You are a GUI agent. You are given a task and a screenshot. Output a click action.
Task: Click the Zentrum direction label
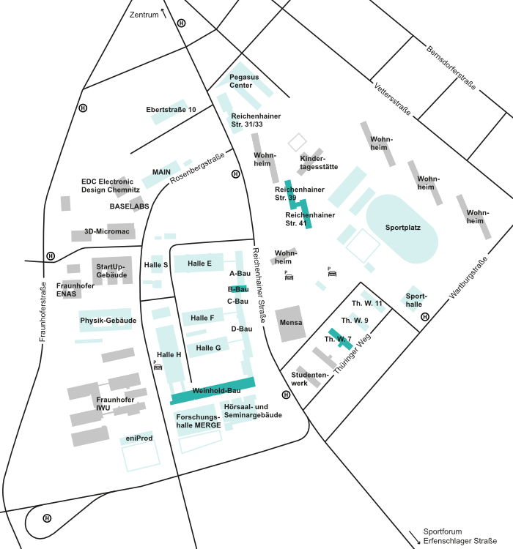pyautogui.click(x=144, y=15)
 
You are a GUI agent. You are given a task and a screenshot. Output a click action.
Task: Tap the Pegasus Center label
pyautogui.click(x=244, y=81)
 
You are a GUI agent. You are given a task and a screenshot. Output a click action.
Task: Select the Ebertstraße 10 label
pyautogui.click(x=171, y=110)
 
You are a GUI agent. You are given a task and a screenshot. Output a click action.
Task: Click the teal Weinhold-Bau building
pyautogui.click(x=213, y=391)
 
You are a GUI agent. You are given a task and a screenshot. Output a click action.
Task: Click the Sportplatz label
pyautogui.click(x=402, y=228)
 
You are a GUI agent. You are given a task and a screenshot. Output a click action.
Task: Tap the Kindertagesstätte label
pyautogui.click(x=319, y=163)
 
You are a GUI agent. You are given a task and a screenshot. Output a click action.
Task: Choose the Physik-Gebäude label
pyautogui.click(x=108, y=321)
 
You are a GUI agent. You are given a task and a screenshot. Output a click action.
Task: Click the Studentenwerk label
pyautogui.click(x=309, y=378)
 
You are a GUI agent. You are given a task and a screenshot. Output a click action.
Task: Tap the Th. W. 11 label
pyautogui.click(x=367, y=303)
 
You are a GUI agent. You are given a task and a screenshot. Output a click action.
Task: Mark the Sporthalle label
pyautogui.click(x=414, y=300)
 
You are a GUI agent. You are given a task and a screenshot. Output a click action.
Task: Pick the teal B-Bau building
pyautogui.click(x=238, y=289)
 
